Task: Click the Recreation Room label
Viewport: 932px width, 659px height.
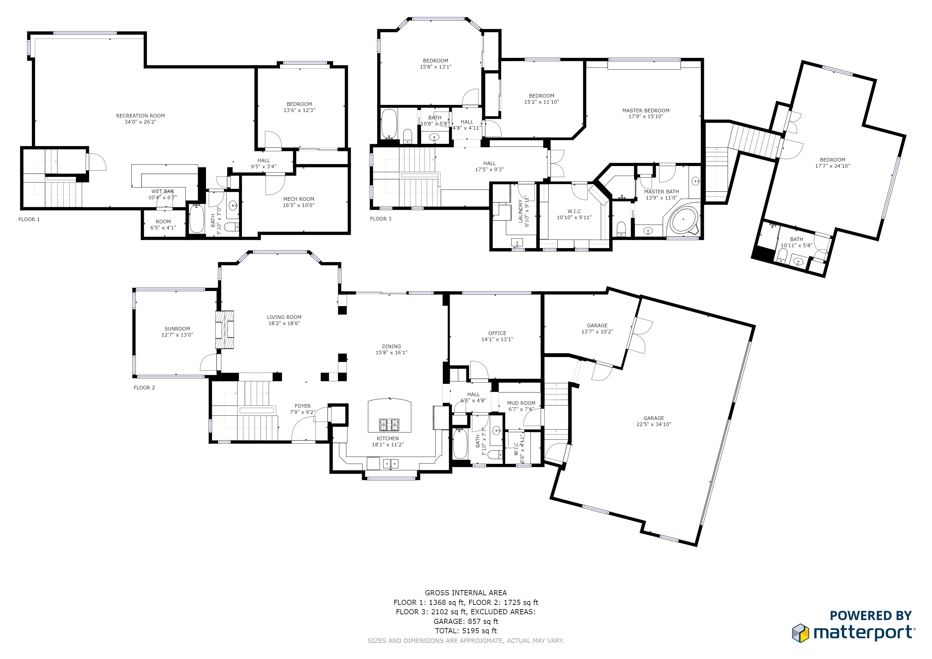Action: point(140,116)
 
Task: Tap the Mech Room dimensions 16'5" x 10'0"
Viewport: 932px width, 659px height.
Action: point(299,205)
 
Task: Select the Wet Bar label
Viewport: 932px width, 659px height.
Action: point(163,191)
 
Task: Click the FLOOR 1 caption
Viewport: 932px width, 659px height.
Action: point(29,219)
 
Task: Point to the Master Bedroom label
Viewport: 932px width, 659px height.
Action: point(646,110)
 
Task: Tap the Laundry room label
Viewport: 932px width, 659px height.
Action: point(521,211)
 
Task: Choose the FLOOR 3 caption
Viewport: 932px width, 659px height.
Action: point(381,219)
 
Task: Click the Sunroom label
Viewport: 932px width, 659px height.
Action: point(177,329)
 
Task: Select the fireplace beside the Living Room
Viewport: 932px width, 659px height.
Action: point(225,329)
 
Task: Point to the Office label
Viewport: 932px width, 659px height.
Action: point(497,333)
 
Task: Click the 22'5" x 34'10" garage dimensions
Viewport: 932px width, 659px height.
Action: point(654,424)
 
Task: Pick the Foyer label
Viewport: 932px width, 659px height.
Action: point(303,406)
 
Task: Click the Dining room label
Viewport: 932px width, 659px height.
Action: point(391,347)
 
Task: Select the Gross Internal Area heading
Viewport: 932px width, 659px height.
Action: point(466,593)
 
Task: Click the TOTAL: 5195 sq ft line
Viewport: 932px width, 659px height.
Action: point(466,631)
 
